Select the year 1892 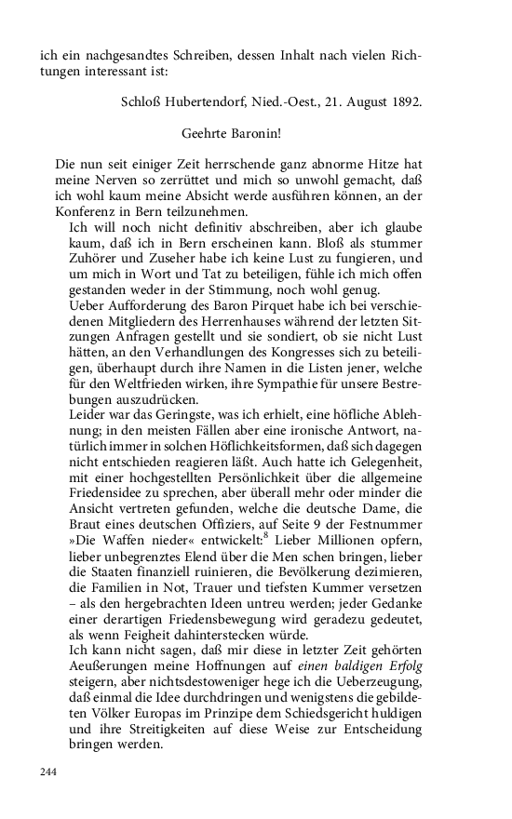[x=402, y=101]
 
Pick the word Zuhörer [x=94, y=258]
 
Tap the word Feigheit [x=160, y=638]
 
